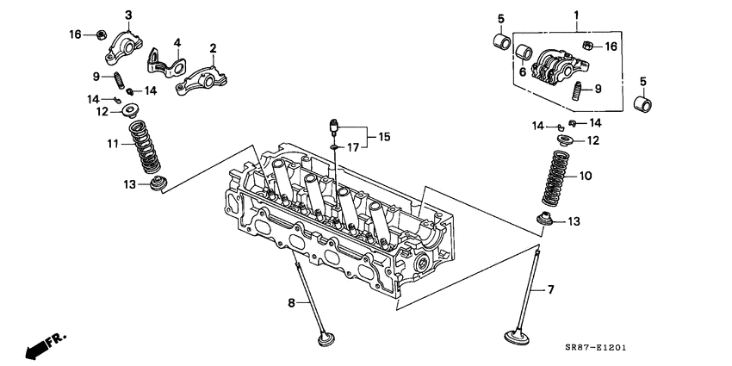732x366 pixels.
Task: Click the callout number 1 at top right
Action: click(577, 14)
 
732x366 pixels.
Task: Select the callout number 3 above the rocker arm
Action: click(128, 15)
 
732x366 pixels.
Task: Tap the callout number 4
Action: click(177, 42)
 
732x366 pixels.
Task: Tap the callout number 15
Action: click(383, 136)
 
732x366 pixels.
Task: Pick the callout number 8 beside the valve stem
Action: click(290, 302)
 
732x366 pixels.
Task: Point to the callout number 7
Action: click(552, 290)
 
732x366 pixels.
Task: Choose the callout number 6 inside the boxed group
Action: click(522, 73)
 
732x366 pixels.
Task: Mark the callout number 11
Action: click(112, 143)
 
